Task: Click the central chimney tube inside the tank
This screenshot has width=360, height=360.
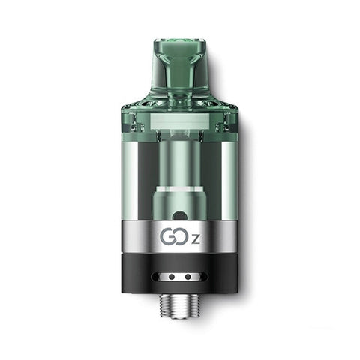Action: [180, 161]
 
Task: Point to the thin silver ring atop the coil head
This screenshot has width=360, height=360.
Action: [180, 188]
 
